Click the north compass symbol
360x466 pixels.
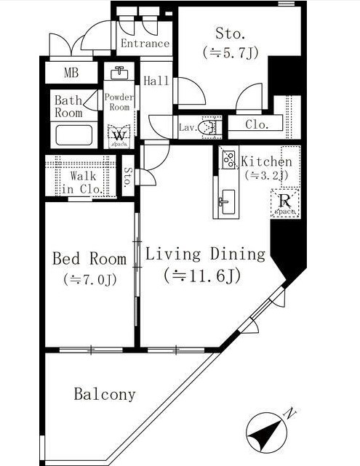tap(268, 432)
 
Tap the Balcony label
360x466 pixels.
tap(105, 395)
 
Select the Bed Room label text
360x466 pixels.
tap(89, 259)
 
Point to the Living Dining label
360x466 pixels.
tap(204, 254)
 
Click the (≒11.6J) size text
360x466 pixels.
tap(203, 276)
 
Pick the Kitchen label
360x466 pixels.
tap(266, 161)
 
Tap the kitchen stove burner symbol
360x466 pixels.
tap(228, 158)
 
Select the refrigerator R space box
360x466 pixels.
tap(284, 202)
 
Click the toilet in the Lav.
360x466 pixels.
tap(209, 127)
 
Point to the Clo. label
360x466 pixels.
tap(256, 124)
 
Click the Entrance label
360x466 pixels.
tap(145, 44)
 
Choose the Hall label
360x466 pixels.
tap(156, 81)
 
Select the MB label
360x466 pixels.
tap(71, 73)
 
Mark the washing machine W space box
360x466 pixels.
tap(118, 136)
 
